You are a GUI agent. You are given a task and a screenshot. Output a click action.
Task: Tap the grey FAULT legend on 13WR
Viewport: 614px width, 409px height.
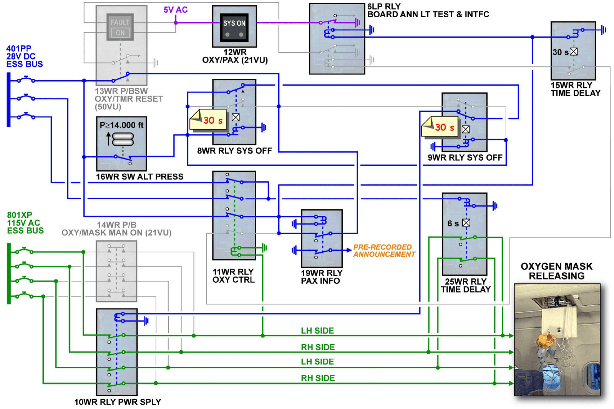[x=120, y=22]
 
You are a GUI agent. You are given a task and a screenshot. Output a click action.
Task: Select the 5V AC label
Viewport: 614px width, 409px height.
[x=176, y=10]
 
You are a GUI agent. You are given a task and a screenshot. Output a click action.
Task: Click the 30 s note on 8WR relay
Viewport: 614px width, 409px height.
[x=209, y=120]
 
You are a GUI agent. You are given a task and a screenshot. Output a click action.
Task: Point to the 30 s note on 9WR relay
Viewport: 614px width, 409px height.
[x=441, y=127]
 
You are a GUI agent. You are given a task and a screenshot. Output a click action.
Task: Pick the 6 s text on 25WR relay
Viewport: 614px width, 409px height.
[x=453, y=224]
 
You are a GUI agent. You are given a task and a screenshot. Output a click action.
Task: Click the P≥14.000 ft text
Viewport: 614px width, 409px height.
[x=121, y=125]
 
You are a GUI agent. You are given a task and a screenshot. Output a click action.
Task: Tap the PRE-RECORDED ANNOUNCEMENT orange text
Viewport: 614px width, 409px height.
[x=384, y=251]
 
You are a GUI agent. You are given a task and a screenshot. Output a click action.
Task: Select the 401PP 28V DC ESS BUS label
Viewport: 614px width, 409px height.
[x=24, y=56]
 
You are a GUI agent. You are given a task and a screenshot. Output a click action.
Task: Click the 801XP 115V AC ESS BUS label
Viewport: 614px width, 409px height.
[x=25, y=223]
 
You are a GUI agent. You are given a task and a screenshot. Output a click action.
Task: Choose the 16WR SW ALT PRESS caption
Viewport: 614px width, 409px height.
[x=139, y=177]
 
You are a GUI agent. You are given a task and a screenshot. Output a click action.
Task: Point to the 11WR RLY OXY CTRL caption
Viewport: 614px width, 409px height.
[x=233, y=276]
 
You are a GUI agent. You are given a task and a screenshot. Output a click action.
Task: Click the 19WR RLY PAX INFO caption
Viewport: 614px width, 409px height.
[x=321, y=277]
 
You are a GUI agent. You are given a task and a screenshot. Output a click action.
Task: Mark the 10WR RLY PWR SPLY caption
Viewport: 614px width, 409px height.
[x=118, y=402]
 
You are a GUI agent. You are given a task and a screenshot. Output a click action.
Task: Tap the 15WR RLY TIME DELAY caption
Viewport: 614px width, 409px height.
[x=575, y=89]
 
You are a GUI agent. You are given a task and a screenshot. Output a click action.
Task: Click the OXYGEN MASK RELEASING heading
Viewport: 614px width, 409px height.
[x=556, y=271]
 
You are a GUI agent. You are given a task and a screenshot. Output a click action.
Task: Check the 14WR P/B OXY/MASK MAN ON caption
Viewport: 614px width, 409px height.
[x=116, y=229]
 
